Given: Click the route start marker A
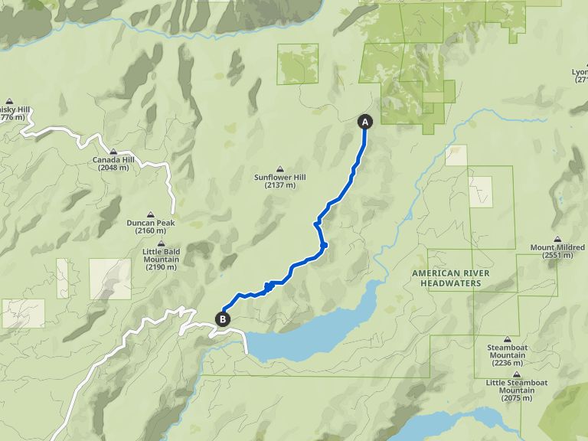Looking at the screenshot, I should pyautogui.click(x=364, y=122).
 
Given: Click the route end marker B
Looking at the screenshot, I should pyautogui.click(x=223, y=319).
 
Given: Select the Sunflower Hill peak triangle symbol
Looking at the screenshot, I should pyautogui.click(x=279, y=168).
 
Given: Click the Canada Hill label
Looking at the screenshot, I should pyautogui.click(x=113, y=160).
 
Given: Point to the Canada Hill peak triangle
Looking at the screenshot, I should pyautogui.click(x=113, y=151).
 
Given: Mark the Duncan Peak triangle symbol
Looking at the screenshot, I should pyautogui.click(x=151, y=214).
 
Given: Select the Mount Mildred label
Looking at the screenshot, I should pyautogui.click(x=558, y=247).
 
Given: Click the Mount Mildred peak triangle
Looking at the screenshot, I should pyautogui.click(x=557, y=239).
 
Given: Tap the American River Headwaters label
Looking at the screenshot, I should pyautogui.click(x=446, y=278).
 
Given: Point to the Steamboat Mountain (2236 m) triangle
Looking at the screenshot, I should pyautogui.click(x=507, y=338).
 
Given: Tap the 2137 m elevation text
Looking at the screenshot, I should pyautogui.click(x=279, y=186).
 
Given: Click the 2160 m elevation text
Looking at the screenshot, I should pyautogui.click(x=151, y=230).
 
